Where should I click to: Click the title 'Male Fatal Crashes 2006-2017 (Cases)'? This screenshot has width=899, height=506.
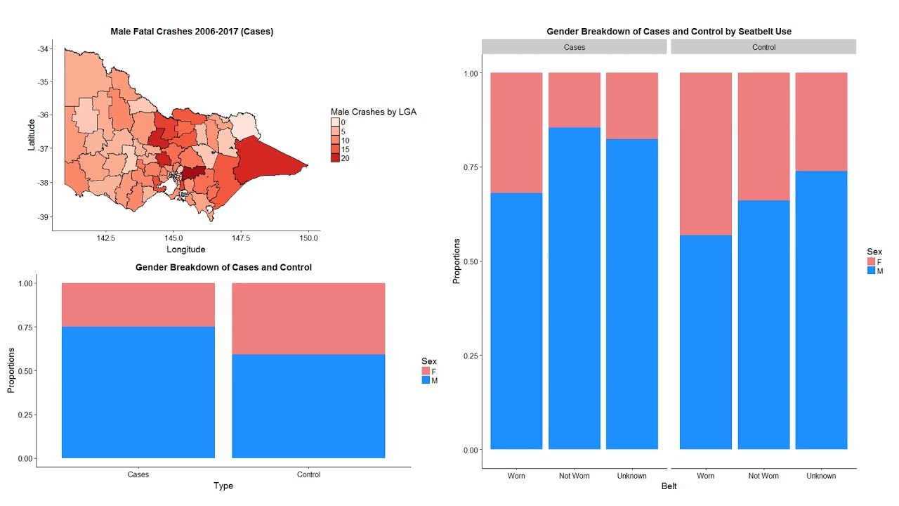192,32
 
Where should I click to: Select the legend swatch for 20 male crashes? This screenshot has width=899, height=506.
335,158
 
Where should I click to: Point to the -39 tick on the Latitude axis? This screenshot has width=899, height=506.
44,216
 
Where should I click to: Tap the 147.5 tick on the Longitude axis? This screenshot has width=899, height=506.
241,238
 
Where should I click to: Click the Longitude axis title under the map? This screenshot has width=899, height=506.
186,249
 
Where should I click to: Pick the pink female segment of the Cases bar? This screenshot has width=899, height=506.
138,304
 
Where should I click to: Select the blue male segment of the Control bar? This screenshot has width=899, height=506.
308,406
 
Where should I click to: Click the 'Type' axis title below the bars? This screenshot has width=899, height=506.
223,486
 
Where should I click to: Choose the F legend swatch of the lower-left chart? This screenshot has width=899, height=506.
426,370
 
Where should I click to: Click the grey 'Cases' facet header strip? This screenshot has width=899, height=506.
574,47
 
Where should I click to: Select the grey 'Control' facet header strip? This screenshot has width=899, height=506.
763,47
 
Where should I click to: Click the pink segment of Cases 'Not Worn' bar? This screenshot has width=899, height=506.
575,99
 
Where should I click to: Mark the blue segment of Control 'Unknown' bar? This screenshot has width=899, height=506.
821,309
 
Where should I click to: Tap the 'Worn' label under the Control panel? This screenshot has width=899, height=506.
706,476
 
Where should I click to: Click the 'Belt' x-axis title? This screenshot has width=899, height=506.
669,486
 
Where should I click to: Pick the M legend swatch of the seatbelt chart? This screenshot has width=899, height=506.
871,271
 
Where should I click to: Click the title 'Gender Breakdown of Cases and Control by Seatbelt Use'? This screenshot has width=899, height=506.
669,32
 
